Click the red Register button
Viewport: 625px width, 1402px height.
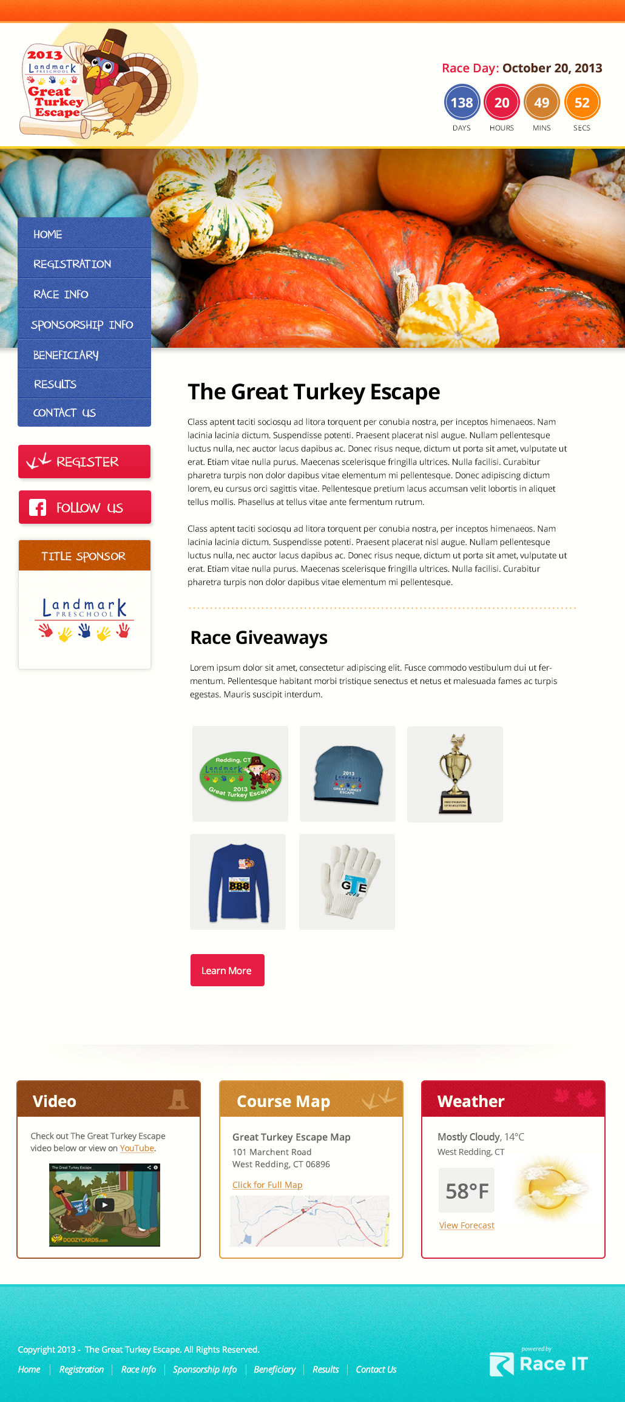[84, 462]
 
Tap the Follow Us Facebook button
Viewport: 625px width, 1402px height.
[84, 507]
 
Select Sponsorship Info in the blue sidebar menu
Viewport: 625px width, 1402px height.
[83, 325]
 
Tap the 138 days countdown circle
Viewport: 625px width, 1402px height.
[462, 103]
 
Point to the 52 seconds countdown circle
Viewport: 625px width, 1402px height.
[582, 103]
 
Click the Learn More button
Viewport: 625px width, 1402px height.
[227, 970]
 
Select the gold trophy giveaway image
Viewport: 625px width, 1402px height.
[455, 774]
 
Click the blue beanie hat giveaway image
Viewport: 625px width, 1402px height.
[348, 774]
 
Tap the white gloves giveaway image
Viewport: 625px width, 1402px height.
[347, 881]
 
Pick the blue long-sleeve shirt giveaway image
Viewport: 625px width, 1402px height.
[238, 881]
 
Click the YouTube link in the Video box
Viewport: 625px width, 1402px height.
[137, 1148]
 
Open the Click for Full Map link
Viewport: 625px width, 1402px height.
[267, 1185]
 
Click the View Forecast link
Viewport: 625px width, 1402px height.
[467, 1225]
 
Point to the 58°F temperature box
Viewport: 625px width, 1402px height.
[467, 1191]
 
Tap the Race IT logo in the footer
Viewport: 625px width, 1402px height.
[538, 1364]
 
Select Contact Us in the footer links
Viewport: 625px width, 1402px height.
[376, 1369]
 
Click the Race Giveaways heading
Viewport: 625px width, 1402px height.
[259, 638]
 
